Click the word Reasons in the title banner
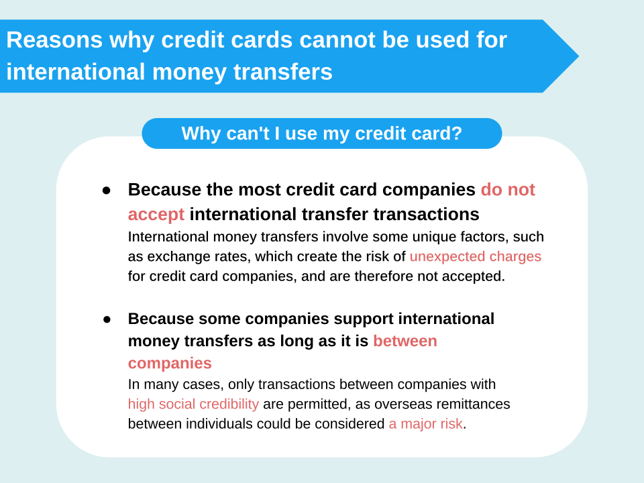click(x=54, y=40)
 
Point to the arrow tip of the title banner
click(x=578, y=56)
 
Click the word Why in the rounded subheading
click(x=201, y=134)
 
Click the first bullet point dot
click(x=107, y=191)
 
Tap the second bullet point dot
click(x=107, y=319)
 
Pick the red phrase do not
click(x=508, y=190)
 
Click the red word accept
click(x=156, y=215)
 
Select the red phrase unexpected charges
click(x=476, y=256)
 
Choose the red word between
click(x=405, y=341)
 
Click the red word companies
click(x=170, y=364)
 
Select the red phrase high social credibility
click(x=193, y=404)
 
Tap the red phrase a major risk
click(x=425, y=423)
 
